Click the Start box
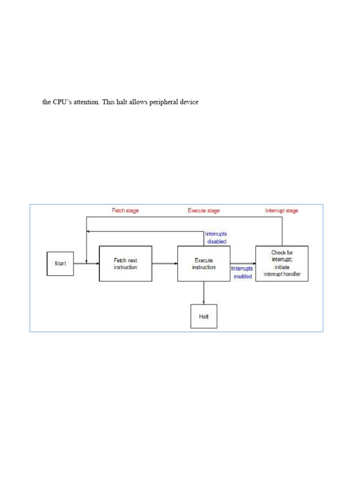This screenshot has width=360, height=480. [60, 263]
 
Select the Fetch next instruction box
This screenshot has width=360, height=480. [125, 263]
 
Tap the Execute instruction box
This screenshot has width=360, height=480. [204, 263]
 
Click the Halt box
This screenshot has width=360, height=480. [204, 316]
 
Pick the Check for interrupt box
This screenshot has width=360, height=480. [282, 263]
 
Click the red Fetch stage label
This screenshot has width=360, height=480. [125, 211]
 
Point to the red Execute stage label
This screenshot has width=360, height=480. [203, 211]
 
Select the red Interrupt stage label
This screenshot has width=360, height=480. [281, 211]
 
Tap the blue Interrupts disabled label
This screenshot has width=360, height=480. [216, 238]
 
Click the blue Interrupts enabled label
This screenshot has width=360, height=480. [242, 272]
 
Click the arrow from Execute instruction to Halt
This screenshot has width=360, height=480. [204, 293]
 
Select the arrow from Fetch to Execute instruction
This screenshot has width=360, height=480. [165, 263]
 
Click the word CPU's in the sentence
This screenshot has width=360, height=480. [63, 102]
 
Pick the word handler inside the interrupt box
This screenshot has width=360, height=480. [291, 274]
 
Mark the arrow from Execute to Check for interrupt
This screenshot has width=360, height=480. [243, 263]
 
